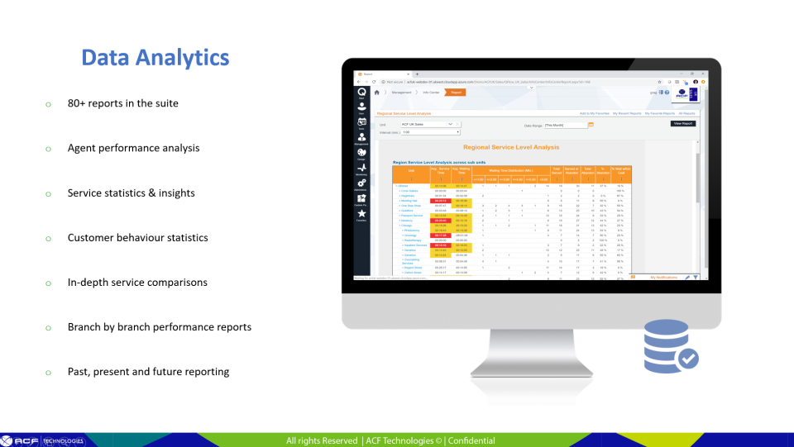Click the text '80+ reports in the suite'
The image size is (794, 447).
(x=122, y=103)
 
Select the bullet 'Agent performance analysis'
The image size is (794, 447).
(x=133, y=148)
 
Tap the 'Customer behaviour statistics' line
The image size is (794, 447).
(x=137, y=237)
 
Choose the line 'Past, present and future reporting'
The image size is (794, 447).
(x=148, y=371)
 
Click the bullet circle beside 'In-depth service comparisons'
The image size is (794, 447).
(x=49, y=283)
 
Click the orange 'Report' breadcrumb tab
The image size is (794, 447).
(x=457, y=93)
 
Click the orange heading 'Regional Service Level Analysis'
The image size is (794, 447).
(x=510, y=147)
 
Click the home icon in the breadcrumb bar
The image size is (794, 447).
(x=377, y=93)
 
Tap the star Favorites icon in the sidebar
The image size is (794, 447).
(x=361, y=214)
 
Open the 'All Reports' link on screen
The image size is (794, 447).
(x=687, y=112)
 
